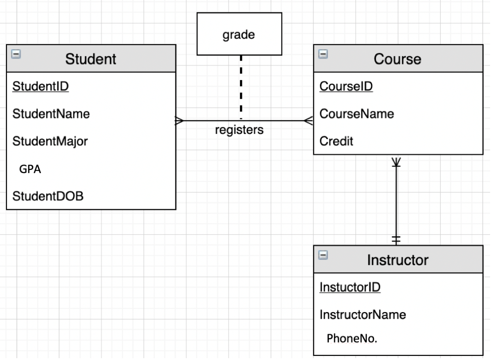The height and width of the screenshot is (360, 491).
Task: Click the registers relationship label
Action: pos(240,130)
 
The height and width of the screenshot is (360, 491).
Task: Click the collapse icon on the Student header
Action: pos(16,54)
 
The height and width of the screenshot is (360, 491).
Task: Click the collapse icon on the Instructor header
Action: pos(323,255)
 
